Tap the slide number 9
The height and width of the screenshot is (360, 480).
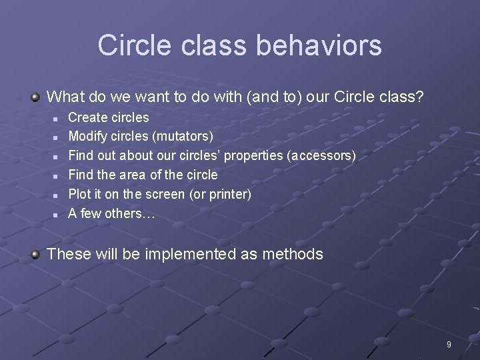pyautogui.click(x=449, y=345)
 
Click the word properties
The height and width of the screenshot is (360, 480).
pyautogui.click(x=254, y=155)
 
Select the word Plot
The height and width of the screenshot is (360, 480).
pyautogui.click(x=79, y=194)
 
